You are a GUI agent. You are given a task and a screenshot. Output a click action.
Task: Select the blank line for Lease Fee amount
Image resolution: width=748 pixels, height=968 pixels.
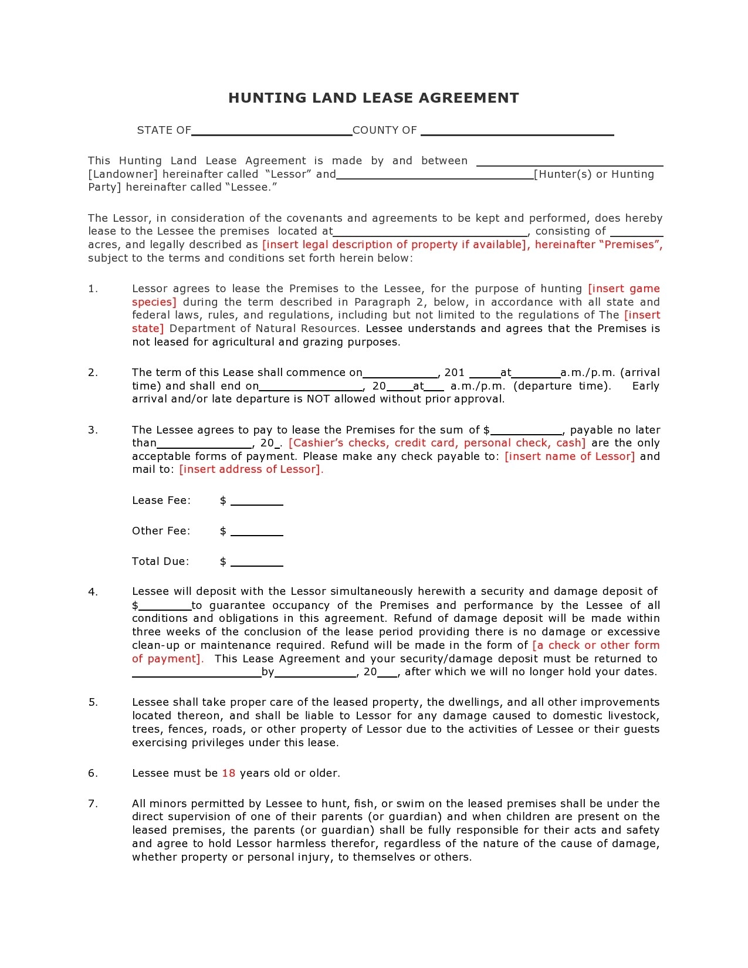click(x=257, y=503)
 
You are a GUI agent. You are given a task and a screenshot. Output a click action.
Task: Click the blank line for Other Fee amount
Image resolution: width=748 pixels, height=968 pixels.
click(x=257, y=533)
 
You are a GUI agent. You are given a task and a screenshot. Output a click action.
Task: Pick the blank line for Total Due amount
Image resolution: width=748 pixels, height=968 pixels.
click(x=257, y=564)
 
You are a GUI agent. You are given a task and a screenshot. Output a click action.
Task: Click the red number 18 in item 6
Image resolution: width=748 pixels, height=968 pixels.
click(x=229, y=773)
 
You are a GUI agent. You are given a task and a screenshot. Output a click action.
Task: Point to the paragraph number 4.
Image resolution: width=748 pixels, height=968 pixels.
click(x=93, y=592)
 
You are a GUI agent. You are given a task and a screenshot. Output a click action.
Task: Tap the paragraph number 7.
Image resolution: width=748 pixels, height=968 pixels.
click(x=93, y=804)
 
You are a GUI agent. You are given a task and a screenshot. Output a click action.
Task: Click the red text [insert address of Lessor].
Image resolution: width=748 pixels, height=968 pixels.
click(x=251, y=469)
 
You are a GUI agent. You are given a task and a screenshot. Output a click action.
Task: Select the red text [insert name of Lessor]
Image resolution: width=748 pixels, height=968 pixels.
click(x=570, y=456)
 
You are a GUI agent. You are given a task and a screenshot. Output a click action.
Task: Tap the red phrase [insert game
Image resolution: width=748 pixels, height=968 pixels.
click(x=624, y=289)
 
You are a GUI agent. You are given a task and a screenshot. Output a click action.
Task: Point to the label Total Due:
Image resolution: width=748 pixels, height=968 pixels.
click(x=160, y=561)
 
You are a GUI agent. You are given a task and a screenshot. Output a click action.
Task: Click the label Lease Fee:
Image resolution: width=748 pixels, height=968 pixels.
click(x=161, y=500)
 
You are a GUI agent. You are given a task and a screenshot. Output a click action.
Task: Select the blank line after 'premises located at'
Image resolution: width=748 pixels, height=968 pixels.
click(x=430, y=233)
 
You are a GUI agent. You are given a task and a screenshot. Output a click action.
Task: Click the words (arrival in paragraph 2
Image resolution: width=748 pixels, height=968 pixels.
click(x=639, y=373)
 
